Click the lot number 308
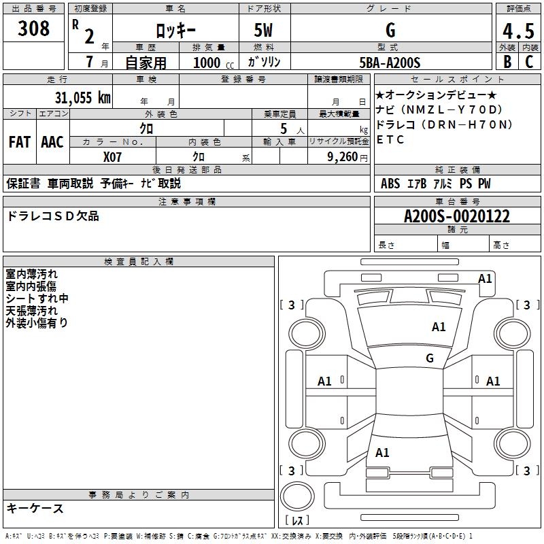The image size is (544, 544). (x=34, y=29)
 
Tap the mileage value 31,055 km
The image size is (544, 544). (x=82, y=97)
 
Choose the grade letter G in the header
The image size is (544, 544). (x=390, y=31)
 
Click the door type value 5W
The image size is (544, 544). (x=264, y=31)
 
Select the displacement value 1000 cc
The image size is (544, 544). (x=211, y=63)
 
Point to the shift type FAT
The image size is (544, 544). (x=20, y=142)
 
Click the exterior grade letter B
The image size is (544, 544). (x=507, y=63)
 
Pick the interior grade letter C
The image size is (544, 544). (x=529, y=63)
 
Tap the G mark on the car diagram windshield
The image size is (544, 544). (x=430, y=358)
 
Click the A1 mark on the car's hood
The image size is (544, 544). (x=439, y=327)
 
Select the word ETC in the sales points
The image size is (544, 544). (x=390, y=140)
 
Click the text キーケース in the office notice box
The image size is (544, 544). (x=35, y=509)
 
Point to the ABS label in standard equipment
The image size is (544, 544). (x=390, y=184)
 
